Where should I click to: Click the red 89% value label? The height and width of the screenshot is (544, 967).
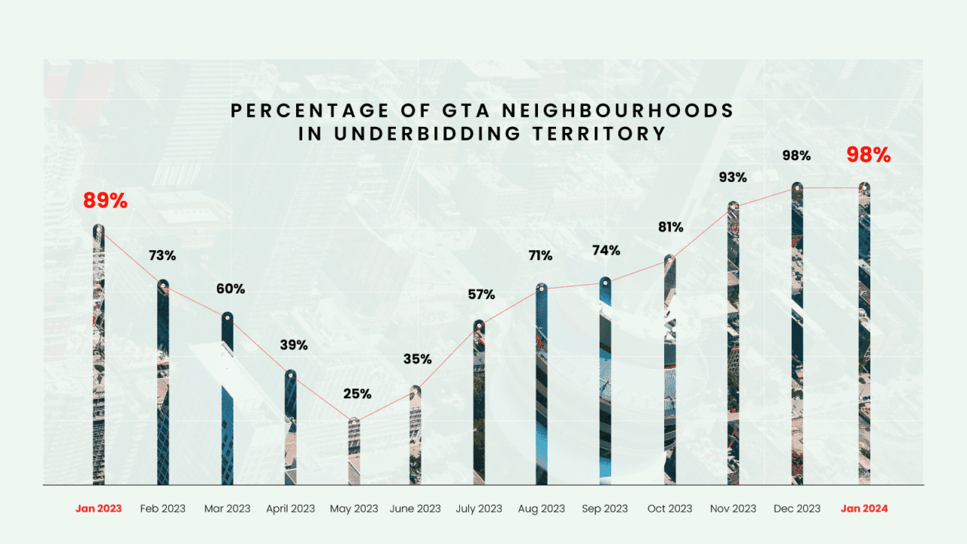[x=106, y=202]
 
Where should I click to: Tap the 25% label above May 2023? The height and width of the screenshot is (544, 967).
[x=357, y=394]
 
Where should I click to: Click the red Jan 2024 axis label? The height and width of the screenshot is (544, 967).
[x=864, y=508]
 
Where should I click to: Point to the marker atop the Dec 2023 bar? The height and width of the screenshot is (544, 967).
[x=797, y=187]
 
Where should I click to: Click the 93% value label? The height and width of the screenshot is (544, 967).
[x=733, y=178]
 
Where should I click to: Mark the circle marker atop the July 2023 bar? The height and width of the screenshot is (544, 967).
[x=479, y=325]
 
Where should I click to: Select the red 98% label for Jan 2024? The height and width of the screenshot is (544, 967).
[x=868, y=155]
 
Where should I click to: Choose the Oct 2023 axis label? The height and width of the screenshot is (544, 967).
[x=670, y=508]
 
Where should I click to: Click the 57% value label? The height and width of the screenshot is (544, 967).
[x=480, y=295]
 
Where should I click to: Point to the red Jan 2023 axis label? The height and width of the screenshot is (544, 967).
[x=98, y=508]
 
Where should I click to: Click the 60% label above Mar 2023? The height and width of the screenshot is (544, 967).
[x=230, y=289]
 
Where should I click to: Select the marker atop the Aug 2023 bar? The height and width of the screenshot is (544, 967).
[x=542, y=288]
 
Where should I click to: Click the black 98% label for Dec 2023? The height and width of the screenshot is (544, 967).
[x=796, y=156]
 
